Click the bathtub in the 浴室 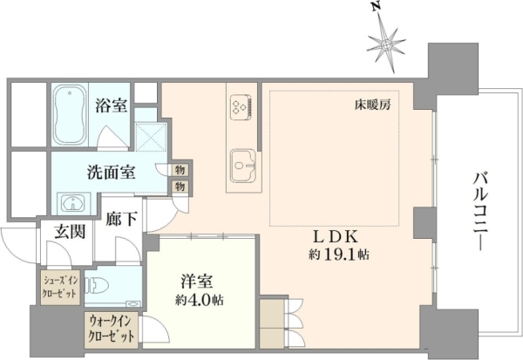click(70, 114)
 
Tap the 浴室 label click(111, 105)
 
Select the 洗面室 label click(111, 173)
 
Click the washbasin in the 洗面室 click(73, 202)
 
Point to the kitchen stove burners click(241, 106)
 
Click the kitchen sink click(243, 166)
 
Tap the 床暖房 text click(372, 105)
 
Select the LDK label click(336, 237)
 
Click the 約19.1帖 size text click(339, 255)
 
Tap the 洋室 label click(196, 282)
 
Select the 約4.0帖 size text click(200, 300)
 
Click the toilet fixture click(97, 286)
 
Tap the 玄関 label click(70, 231)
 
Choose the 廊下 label click(121, 220)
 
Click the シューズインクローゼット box click(60, 288)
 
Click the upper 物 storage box click(180, 170)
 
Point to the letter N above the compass click(377, 9)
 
